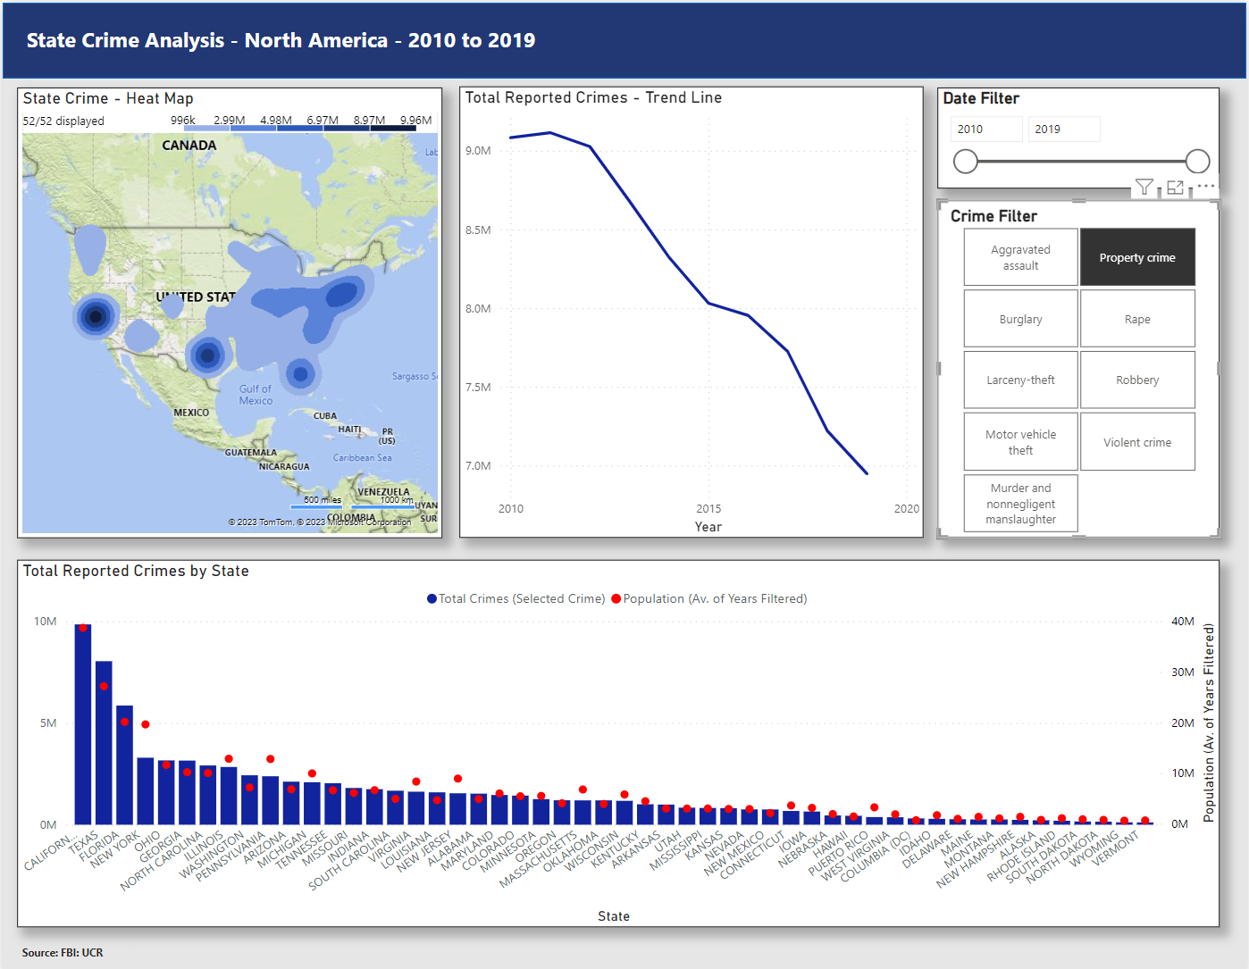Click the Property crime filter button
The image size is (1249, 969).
[1136, 257]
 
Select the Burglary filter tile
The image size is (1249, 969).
[1020, 319]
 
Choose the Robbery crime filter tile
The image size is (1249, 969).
[1136, 380]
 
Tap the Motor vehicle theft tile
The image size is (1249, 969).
[1020, 442]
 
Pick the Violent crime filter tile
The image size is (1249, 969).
[1136, 442]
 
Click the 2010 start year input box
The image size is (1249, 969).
[985, 129]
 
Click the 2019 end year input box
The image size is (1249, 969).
[1063, 129]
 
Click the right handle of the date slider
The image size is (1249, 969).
[1197, 162]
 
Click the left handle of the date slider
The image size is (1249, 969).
[965, 162]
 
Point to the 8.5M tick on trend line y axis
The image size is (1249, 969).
[478, 230]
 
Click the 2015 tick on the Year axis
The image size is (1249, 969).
[708, 509]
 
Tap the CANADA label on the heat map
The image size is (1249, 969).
[189, 146]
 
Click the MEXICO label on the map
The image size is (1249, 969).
[191, 413]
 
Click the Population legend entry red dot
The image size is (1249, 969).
[616, 599]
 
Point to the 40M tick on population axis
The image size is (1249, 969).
[1182, 622]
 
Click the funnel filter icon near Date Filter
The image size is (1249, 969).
[1144, 187]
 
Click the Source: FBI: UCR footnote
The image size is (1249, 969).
[63, 953]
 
